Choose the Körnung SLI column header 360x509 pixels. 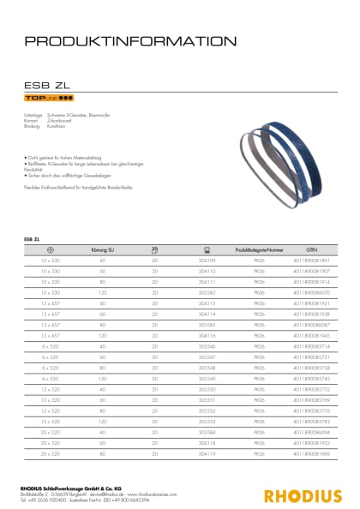coord(103,248)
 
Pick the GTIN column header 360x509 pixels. coord(309,248)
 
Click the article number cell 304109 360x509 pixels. coord(207,258)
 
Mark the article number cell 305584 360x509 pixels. coord(207,434)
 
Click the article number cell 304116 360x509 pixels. coord(207,335)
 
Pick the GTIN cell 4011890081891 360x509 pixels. coord(309,258)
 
